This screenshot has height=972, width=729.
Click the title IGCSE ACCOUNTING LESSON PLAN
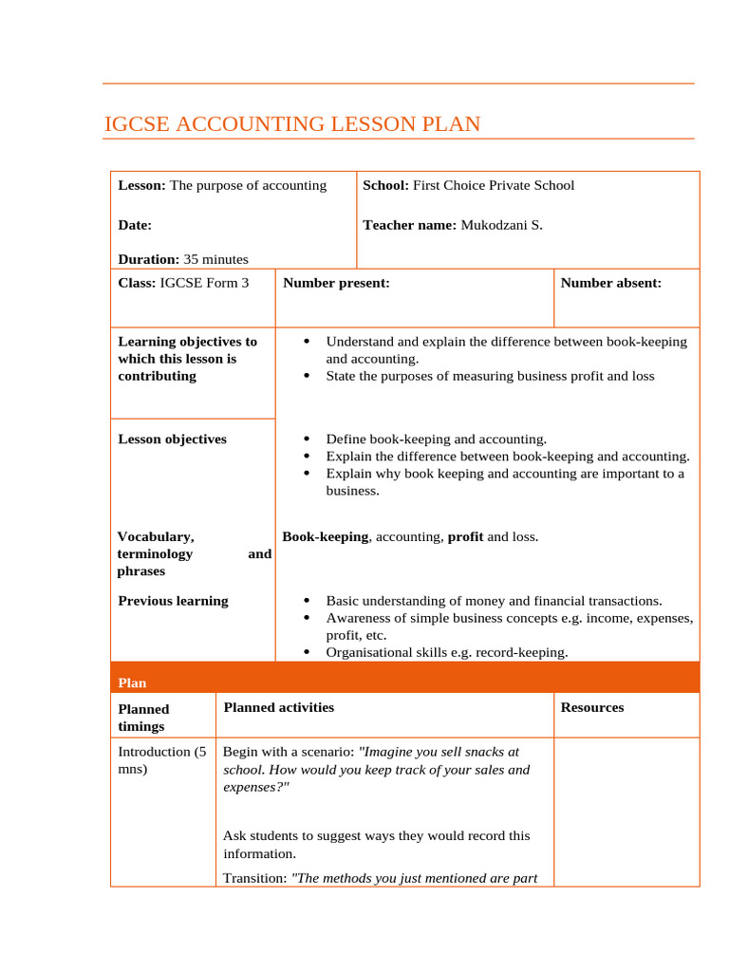(291, 124)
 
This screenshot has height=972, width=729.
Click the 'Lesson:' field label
(141, 185)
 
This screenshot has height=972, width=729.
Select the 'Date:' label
(135, 225)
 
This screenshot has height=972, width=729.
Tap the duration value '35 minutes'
(215, 259)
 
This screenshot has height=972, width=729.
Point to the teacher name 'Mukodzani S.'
(501, 225)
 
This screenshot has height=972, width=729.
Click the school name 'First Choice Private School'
(494, 185)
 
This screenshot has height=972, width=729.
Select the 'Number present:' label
(336, 283)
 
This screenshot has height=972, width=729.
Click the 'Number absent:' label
(611, 283)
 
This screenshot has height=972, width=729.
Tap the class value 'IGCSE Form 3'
(204, 283)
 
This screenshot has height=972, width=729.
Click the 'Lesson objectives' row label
(172, 439)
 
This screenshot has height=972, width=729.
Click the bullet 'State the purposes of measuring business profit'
(490, 376)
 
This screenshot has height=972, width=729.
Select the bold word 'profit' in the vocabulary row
(465, 537)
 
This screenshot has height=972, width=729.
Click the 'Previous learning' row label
(173, 601)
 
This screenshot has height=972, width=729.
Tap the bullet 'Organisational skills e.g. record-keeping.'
(446, 652)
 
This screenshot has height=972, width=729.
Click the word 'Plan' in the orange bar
(132, 682)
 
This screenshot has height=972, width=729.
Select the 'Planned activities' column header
(278, 707)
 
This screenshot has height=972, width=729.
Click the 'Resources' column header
(592, 707)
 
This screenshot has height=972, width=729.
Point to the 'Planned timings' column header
(143, 718)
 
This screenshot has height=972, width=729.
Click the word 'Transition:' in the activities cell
(254, 878)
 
